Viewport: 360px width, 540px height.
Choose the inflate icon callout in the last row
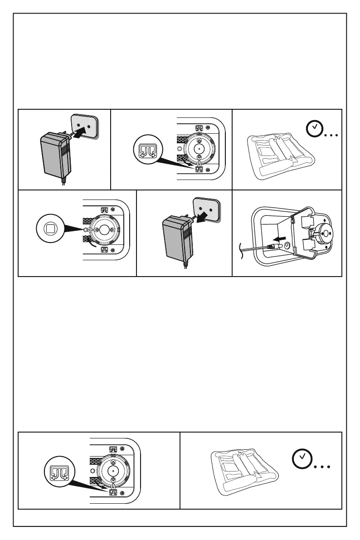57,472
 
